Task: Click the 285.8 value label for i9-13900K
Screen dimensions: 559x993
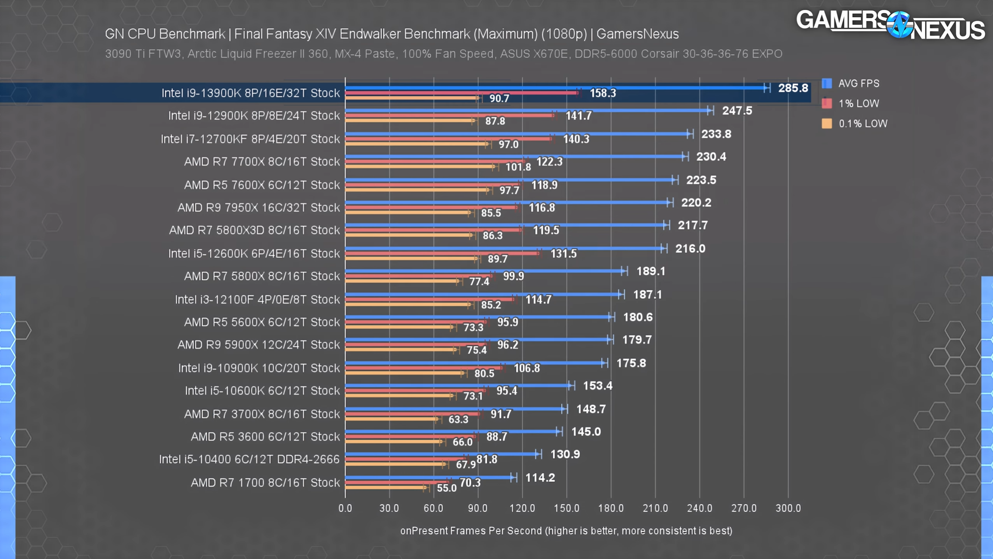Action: pyautogui.click(x=793, y=88)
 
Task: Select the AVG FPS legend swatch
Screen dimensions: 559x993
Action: pyautogui.click(x=827, y=83)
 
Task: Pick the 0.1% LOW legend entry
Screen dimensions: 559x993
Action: pyautogui.click(x=862, y=124)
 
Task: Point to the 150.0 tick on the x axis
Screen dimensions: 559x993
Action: pyautogui.click(x=566, y=508)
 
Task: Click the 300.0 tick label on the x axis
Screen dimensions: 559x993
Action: pyautogui.click(x=788, y=508)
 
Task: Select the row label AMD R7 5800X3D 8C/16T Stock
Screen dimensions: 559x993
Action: pyautogui.click(x=254, y=230)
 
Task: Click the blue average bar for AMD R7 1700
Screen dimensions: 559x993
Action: pyautogui.click(x=428, y=477)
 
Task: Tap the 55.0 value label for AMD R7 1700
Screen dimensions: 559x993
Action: pyautogui.click(x=446, y=488)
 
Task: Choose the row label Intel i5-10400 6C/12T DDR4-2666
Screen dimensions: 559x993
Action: pyautogui.click(x=249, y=459)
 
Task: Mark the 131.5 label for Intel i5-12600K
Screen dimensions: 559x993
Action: pyautogui.click(x=563, y=253)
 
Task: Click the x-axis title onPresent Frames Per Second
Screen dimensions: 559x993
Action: pyautogui.click(x=566, y=531)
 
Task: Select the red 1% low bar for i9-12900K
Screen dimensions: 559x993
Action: pyautogui.click(x=449, y=115)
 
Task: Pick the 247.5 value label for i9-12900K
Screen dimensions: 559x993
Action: pyautogui.click(x=737, y=111)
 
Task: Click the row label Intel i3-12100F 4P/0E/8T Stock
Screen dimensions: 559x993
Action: pyautogui.click(x=257, y=299)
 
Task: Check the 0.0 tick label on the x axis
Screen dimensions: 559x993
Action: pyautogui.click(x=345, y=508)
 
